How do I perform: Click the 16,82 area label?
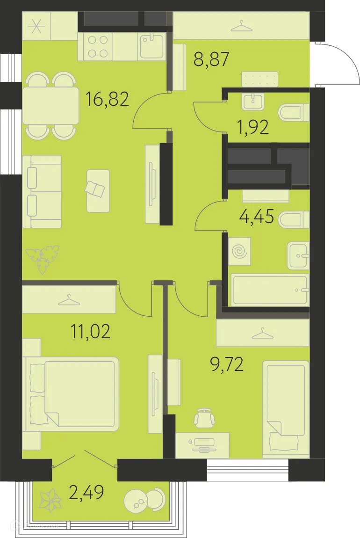[107, 99]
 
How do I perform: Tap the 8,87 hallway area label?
[211, 59]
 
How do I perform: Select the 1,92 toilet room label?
[253, 127]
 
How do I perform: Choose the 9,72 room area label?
[227, 364]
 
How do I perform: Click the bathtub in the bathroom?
[270, 290]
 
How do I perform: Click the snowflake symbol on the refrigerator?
[36, 26]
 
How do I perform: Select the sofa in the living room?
[42, 192]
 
